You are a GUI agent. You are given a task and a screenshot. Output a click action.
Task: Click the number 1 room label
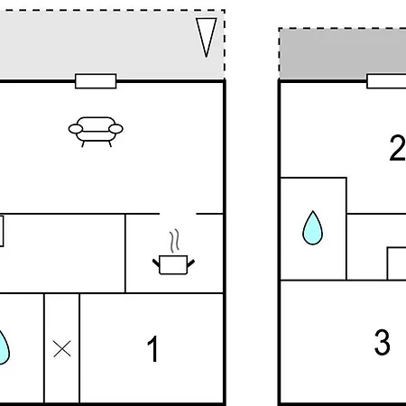coord(153,349)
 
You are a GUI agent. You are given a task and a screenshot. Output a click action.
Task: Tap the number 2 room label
coord(398,148)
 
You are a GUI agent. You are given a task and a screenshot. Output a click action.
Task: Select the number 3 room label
coord(383,342)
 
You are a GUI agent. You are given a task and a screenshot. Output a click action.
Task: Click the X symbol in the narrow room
coord(62,349)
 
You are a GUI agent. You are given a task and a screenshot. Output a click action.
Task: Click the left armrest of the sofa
coord(76,129)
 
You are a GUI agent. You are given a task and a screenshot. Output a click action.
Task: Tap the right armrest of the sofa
coord(115,129)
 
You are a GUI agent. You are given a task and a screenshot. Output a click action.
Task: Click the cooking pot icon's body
coord(173,264)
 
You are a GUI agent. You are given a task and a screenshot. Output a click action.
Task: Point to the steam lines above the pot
coord(174,241)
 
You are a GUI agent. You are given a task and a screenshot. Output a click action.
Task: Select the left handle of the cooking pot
coord(156,263)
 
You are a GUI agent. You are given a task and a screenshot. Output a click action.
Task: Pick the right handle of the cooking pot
coord(191,263)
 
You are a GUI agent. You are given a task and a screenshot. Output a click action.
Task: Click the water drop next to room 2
coord(312,228)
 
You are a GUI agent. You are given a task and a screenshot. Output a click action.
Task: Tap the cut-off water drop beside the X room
coord(4,348)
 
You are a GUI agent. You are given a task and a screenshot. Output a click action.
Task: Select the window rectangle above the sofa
coord(96,81)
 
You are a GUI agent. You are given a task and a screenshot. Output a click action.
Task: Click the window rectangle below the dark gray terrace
coord(386,81)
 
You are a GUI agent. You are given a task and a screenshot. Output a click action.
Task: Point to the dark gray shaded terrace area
coord(343,54)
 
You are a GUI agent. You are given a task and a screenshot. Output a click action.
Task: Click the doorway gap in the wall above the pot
coord(178,214)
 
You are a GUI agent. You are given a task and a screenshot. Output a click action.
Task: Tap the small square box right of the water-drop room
coord(397,263)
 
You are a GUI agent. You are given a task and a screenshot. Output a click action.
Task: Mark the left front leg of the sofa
coord(83,143)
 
